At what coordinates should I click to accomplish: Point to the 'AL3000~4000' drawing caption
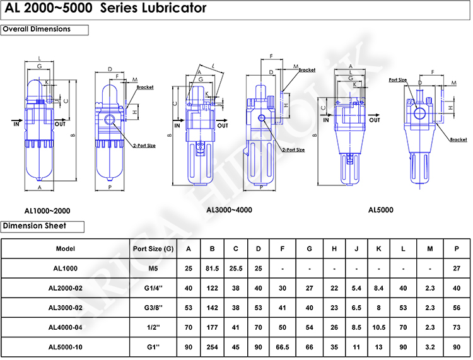pos(229,210)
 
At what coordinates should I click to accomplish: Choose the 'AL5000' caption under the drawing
pos(380,210)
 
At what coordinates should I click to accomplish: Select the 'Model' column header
pos(66,248)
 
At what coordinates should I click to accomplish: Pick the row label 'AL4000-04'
pos(66,327)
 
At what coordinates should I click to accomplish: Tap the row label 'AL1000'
pos(66,268)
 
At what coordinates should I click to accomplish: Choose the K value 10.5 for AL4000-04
pos(378,327)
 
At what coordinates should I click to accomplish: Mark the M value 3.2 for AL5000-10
pos(430,347)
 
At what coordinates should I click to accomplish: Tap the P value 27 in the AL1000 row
pos(457,268)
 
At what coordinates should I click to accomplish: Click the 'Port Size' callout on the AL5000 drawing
pos(397,80)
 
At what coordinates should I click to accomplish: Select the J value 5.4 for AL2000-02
pos(356,288)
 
